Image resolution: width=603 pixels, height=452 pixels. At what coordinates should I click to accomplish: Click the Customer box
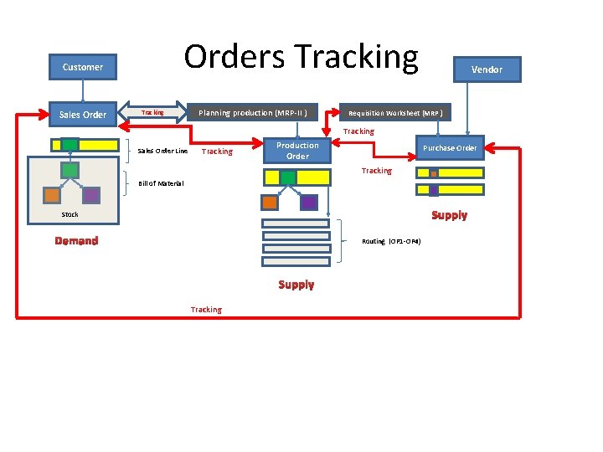(x=83, y=67)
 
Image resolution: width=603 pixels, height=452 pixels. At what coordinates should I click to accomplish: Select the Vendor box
(x=487, y=69)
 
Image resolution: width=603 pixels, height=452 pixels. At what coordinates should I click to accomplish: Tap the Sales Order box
(x=83, y=115)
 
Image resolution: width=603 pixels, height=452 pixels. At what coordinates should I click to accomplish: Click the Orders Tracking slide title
(x=301, y=57)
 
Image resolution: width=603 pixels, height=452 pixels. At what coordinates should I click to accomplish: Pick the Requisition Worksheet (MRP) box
(x=395, y=113)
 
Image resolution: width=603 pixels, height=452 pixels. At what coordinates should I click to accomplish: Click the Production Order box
(x=297, y=151)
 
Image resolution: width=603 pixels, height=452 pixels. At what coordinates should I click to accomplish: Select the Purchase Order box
(x=450, y=148)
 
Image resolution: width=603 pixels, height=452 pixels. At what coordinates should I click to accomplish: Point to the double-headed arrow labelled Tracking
(x=152, y=112)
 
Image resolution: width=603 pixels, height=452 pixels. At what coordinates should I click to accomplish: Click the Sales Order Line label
(x=162, y=152)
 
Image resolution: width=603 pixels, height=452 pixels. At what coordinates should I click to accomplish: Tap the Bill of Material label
(x=161, y=183)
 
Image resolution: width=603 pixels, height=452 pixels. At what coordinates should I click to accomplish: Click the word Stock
(x=70, y=214)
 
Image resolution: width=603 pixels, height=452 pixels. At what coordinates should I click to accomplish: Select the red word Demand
(x=76, y=241)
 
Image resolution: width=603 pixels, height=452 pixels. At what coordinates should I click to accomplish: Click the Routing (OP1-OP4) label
(x=391, y=241)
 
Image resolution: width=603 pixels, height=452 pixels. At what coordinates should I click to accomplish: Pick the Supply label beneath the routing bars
(x=296, y=285)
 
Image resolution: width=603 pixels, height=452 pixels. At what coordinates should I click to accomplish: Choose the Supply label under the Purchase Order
(x=449, y=215)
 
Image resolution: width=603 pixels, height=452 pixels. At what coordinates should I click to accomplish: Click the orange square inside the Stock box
(x=52, y=195)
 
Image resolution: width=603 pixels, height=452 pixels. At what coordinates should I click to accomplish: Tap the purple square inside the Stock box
(x=90, y=195)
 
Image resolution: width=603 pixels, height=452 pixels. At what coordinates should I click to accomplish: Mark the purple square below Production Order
(x=308, y=202)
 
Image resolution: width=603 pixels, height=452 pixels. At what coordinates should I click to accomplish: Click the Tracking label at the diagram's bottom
(x=206, y=310)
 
